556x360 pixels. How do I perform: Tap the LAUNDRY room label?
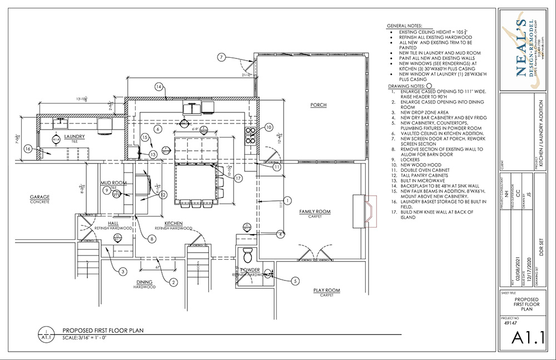[x=74, y=136]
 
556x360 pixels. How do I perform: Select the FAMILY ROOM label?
[x=315, y=211]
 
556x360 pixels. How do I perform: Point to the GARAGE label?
[x=40, y=196]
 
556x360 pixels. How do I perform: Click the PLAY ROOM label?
[x=326, y=290]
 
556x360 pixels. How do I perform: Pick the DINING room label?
[x=144, y=282]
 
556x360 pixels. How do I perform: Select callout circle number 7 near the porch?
[x=221, y=57]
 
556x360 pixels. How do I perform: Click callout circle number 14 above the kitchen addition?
[x=158, y=87]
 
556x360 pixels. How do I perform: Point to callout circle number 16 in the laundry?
[x=28, y=149]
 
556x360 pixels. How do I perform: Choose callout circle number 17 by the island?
[x=238, y=179]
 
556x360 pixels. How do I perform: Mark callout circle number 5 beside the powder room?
[x=295, y=281]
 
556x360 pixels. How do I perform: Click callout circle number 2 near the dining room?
[x=174, y=282]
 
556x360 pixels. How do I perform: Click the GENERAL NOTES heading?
[x=404, y=26]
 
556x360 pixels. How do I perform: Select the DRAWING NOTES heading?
[x=404, y=87]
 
